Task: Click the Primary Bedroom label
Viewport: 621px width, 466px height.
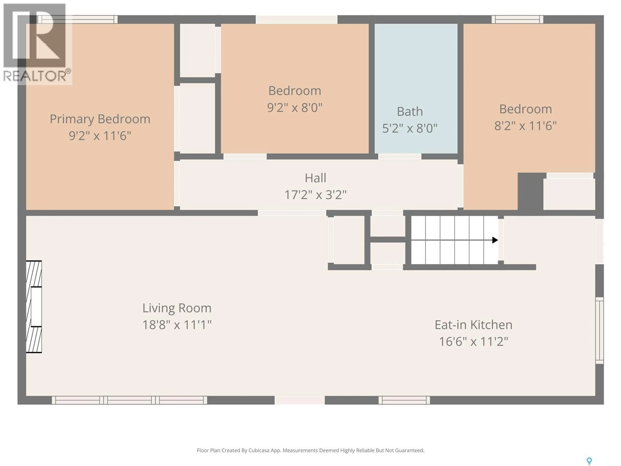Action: [x=100, y=119]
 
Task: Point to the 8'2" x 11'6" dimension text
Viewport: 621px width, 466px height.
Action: [x=525, y=126]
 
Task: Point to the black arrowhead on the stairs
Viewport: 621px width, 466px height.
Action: [x=495, y=240]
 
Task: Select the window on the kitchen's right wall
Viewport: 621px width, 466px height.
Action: [x=599, y=330]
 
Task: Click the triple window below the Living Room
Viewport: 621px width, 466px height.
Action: [x=129, y=400]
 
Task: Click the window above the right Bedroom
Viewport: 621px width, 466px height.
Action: [x=517, y=19]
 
